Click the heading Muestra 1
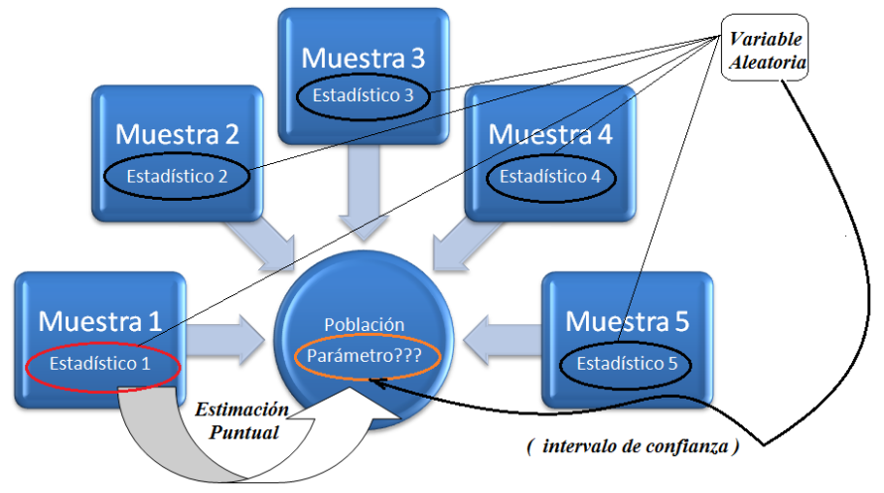click(x=99, y=321)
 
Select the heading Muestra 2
click(x=177, y=133)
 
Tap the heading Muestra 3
click(x=363, y=58)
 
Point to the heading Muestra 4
click(x=549, y=133)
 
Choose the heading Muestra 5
click(x=627, y=321)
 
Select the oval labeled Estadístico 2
click(x=177, y=176)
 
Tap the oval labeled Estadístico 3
click(x=363, y=96)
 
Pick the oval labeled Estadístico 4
click(x=549, y=177)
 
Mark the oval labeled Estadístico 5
click(x=627, y=364)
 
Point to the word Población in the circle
click(x=364, y=325)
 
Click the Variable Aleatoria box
click(x=767, y=51)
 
